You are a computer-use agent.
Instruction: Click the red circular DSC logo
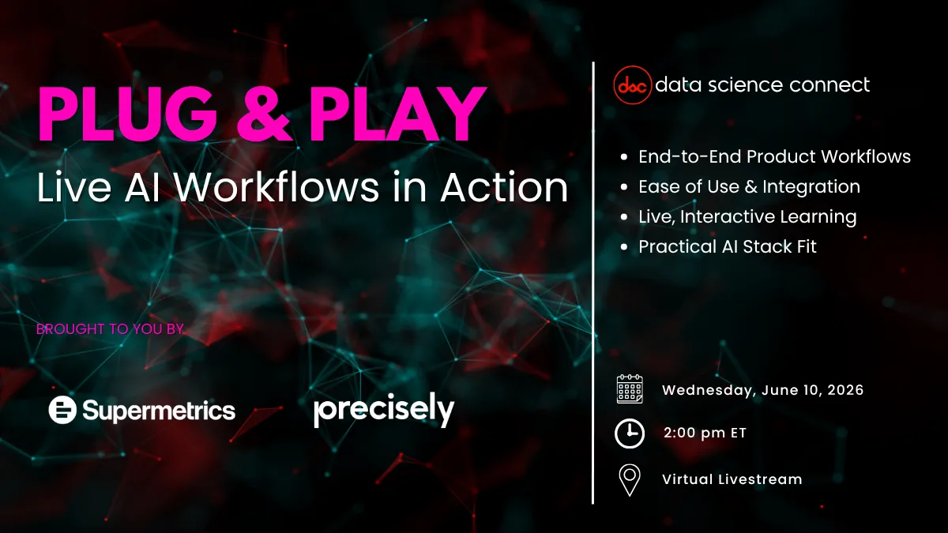632,84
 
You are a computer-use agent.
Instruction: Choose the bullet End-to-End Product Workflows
774,156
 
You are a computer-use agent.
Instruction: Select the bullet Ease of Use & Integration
749,187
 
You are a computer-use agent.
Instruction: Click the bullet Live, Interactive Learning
747,216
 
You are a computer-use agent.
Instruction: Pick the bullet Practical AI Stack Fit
727,246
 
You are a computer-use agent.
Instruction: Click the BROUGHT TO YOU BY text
110,328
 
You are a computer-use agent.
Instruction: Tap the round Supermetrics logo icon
62,410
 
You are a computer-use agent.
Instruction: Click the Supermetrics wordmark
158,411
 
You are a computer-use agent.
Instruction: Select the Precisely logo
384,411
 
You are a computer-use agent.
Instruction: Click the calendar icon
630,390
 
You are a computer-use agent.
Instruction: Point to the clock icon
630,433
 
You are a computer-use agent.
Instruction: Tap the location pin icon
630,479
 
